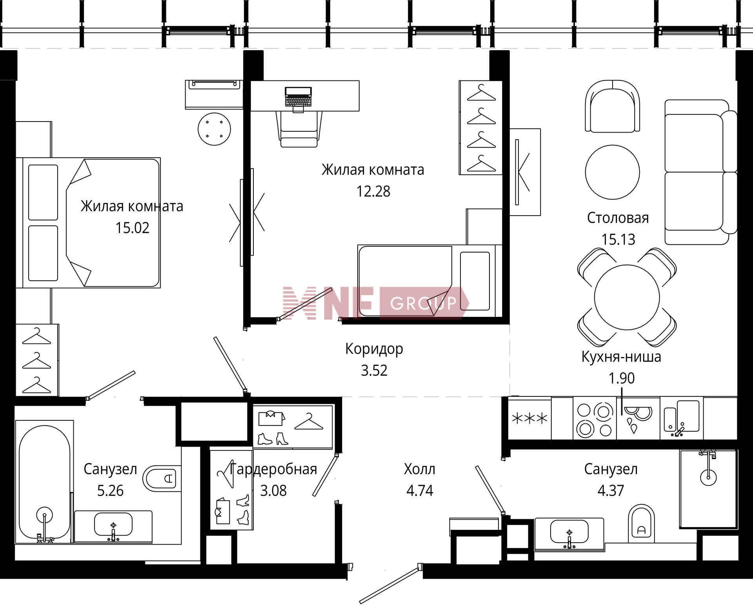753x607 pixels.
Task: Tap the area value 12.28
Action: (373, 191)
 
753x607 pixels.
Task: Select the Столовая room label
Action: (618, 218)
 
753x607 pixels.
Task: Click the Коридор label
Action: (374, 349)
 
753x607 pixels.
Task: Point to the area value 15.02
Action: (132, 228)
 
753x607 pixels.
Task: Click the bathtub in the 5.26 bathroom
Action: (44, 482)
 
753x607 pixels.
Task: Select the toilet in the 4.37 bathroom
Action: (641, 523)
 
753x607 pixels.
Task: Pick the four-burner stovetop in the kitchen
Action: (595, 418)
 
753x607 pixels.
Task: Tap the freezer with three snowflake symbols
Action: (530, 418)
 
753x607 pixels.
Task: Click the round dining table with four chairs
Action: (627, 297)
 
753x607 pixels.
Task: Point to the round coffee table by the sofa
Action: (612, 172)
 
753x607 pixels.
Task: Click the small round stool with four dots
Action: (214, 129)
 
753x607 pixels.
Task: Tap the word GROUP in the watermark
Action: (424, 303)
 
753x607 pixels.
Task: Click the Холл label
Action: (419, 469)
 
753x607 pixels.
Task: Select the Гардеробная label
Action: (273, 469)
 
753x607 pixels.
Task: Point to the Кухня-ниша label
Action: (621, 357)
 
